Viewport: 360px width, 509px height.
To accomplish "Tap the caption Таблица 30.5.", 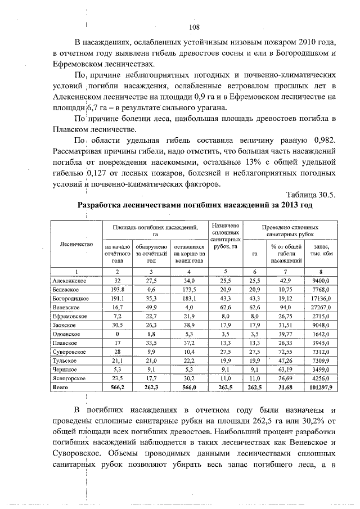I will click(x=310, y=195).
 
